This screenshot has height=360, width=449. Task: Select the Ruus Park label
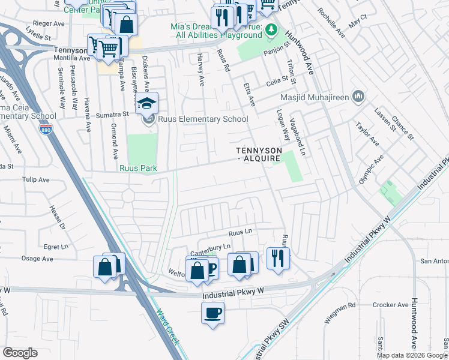137,169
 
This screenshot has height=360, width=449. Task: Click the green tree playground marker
271,29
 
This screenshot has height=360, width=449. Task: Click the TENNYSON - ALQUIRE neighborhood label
258,154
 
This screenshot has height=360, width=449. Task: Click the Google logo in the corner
20,353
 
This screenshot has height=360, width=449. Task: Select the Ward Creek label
168,326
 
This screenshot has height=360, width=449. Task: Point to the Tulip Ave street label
35,179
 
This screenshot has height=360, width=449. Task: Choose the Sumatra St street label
114,113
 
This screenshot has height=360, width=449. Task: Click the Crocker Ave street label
390,305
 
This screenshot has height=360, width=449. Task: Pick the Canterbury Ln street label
210,247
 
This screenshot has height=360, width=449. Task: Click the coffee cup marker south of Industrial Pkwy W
213,313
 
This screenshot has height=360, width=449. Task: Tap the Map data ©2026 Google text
412,355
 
